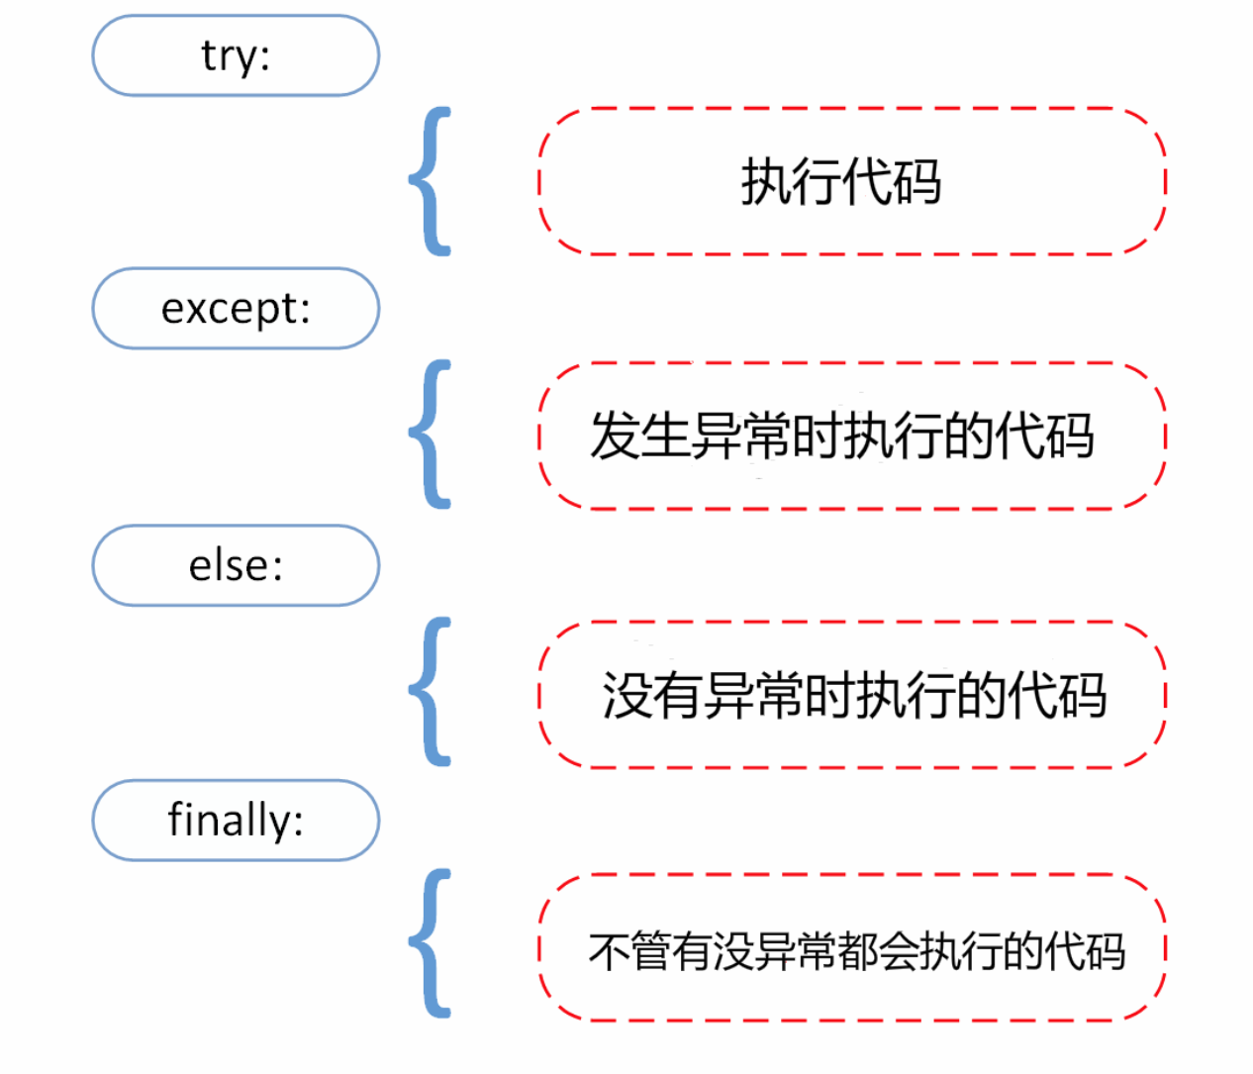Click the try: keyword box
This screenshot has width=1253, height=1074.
(236, 55)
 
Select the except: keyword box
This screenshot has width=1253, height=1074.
(236, 308)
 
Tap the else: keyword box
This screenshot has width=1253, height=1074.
(236, 565)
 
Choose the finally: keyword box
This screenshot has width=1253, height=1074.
(236, 820)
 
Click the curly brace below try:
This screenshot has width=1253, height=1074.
(432, 181)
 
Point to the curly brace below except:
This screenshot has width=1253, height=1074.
(432, 435)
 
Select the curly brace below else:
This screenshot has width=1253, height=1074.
(432, 692)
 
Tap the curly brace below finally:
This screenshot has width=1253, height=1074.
(432, 943)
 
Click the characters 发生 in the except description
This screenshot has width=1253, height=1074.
(639, 437)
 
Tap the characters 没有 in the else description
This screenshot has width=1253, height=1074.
(652, 695)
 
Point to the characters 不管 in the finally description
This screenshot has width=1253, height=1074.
(629, 951)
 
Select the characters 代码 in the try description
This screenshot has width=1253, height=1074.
(892, 182)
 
